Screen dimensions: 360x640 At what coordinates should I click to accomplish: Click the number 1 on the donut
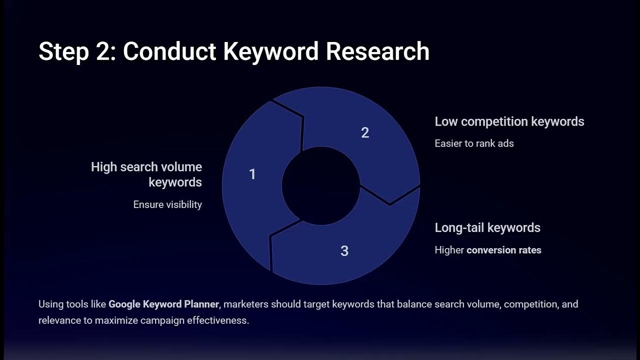[252, 174]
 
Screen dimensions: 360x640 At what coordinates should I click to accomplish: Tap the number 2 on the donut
[365, 132]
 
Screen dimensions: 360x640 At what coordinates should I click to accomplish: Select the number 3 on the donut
[344, 250]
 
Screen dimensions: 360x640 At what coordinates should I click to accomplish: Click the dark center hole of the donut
[320, 186]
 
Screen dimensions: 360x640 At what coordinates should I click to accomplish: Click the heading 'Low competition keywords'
[509, 121]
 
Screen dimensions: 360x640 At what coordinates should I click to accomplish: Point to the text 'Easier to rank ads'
[474, 143]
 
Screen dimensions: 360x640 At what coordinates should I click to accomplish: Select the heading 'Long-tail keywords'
[487, 227]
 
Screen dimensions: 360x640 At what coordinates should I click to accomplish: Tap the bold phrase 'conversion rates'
[504, 250]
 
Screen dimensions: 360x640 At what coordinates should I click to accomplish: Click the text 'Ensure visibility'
[167, 204]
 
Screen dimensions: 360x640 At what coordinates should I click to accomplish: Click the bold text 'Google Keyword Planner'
[163, 304]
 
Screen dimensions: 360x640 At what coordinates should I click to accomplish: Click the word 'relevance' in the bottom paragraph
[59, 320]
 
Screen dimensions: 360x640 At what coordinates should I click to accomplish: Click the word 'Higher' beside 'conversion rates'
[449, 250]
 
